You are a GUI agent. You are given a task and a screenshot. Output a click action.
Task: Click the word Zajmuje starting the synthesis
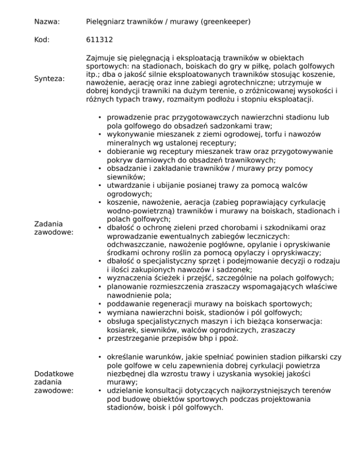(100, 58)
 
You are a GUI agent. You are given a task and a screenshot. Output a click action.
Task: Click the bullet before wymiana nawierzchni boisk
(100, 312)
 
